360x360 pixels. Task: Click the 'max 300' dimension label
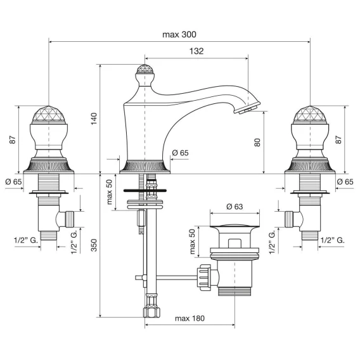tap(179, 35)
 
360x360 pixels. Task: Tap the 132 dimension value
tap(196, 51)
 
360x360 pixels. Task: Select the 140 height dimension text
tap(94, 119)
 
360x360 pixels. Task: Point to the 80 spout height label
tap(257, 143)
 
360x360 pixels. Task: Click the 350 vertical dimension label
tap(94, 245)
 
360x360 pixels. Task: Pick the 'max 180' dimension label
tap(190, 318)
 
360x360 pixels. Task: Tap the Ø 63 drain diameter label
tap(235, 207)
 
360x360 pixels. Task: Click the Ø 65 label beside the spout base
tap(180, 153)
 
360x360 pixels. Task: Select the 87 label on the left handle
tap(13, 139)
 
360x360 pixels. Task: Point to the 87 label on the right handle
tap(338, 139)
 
